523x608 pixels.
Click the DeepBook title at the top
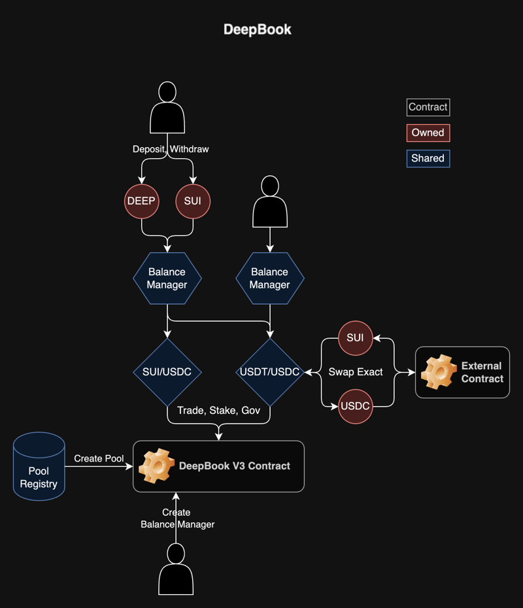tap(258, 29)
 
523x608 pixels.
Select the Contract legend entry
tap(428, 107)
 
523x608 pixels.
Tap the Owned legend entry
tap(428, 133)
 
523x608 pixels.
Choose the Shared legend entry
tap(428, 158)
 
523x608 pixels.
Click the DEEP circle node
tap(141, 201)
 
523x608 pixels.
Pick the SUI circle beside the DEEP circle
tap(193, 201)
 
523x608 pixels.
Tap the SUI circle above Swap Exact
tap(355, 338)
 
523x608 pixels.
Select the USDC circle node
tap(355, 406)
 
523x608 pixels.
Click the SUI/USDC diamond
tap(167, 372)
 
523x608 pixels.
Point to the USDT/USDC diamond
tap(269, 372)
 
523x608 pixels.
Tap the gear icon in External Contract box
tap(438, 372)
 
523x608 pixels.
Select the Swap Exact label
tap(356, 372)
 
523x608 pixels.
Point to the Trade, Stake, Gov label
tap(219, 410)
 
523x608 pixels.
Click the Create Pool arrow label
tap(99, 458)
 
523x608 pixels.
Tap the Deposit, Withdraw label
tap(171, 149)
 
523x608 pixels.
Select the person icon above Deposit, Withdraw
tap(167, 108)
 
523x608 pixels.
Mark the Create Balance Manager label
tap(177, 518)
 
